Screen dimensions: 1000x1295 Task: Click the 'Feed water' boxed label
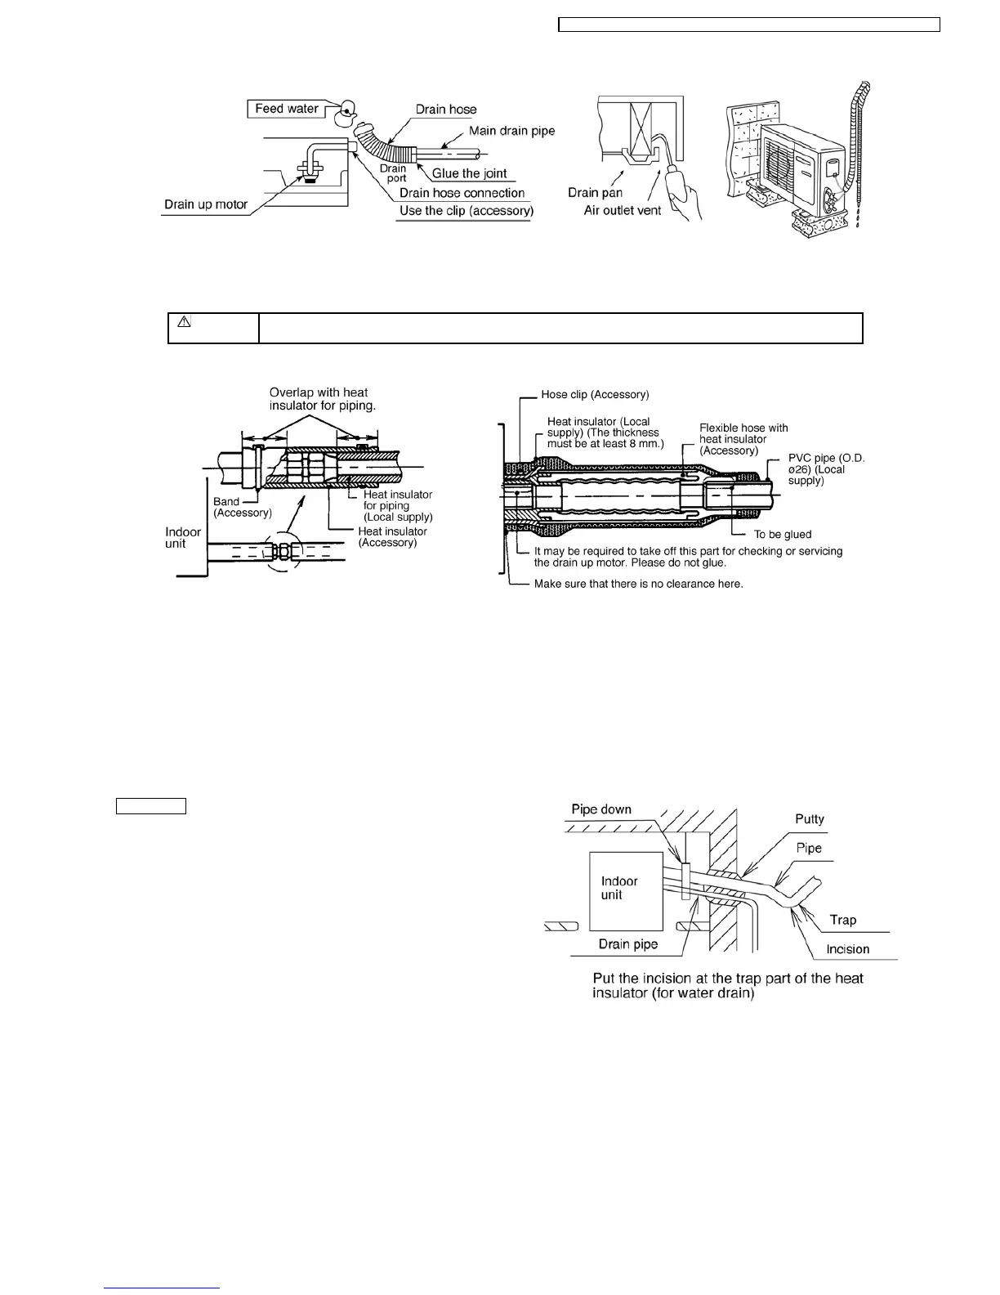(286, 109)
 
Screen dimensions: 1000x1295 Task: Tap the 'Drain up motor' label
(206, 204)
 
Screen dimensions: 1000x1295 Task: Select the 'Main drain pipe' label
(511, 131)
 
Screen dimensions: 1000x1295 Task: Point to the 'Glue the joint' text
(470, 173)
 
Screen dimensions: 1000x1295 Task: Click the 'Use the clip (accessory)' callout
(466, 211)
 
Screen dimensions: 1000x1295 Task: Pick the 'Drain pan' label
(595, 193)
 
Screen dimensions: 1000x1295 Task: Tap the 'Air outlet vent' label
(623, 211)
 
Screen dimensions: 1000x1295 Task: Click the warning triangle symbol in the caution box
(184, 322)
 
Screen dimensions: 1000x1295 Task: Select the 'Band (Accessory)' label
(242, 507)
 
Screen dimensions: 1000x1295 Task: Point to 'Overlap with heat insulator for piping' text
(322, 399)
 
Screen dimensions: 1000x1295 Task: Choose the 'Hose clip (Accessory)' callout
(595, 395)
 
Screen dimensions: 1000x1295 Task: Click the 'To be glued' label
(782, 535)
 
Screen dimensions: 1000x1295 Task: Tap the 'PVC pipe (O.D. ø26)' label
(826, 469)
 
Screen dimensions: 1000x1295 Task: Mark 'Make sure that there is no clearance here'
(638, 584)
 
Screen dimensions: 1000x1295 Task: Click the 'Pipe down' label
(601, 809)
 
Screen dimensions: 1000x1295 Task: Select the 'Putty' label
(810, 819)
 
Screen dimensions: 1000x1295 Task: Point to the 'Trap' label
(843, 920)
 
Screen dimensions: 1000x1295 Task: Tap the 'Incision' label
(847, 949)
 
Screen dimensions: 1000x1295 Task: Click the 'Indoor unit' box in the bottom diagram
(622, 887)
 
